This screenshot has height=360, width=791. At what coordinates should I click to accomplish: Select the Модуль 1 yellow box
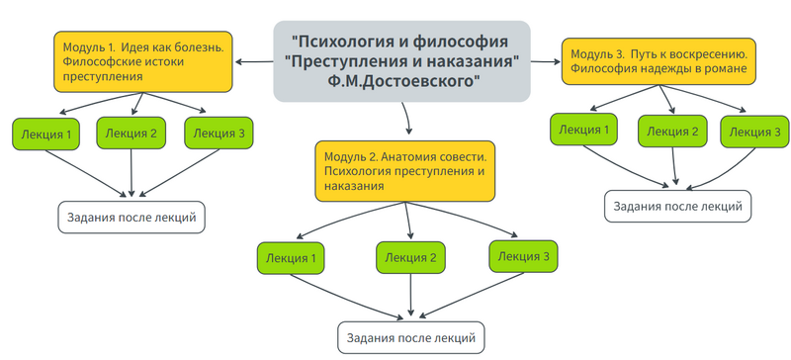pos(144,61)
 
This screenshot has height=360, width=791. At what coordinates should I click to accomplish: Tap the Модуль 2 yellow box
pos(405,170)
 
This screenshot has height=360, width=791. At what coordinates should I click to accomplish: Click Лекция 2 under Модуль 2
pos(411,258)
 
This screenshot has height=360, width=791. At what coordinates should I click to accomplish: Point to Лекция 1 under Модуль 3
pos(583,131)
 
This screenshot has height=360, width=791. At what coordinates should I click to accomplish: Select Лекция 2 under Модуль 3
pos(673,132)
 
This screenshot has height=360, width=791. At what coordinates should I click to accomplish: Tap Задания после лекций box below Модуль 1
pos(132,217)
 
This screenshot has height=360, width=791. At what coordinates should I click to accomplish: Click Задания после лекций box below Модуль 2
pos(410,338)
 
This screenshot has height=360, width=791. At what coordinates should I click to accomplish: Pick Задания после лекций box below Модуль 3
pos(677,206)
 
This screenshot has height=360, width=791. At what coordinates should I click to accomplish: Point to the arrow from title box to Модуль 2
pos(406,119)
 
